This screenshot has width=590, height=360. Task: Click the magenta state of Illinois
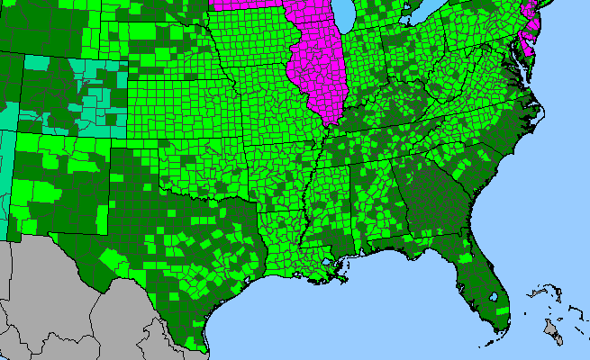pyautogui.click(x=317, y=72)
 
